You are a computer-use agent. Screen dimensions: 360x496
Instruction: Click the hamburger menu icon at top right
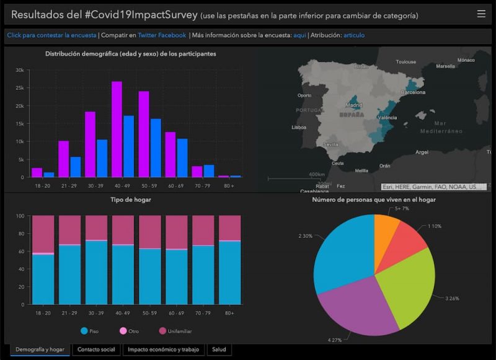[x=481, y=14]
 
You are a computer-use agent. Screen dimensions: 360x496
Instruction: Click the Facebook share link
[x=172, y=35]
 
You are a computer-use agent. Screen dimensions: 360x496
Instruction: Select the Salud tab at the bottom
[x=219, y=349]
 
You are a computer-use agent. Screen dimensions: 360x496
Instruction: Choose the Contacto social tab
[x=96, y=349]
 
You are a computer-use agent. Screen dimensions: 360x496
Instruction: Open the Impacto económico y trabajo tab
[x=163, y=349]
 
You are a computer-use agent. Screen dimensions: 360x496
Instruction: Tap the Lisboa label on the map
[x=299, y=128]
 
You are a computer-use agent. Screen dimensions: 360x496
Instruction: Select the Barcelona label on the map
[x=413, y=92]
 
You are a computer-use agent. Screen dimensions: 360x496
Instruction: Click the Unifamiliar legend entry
[x=175, y=331]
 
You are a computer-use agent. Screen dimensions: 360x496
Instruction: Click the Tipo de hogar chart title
[x=131, y=200]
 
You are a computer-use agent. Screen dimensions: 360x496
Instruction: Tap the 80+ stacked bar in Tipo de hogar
[x=229, y=260]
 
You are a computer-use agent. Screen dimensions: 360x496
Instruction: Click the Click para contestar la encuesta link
[x=51, y=35]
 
